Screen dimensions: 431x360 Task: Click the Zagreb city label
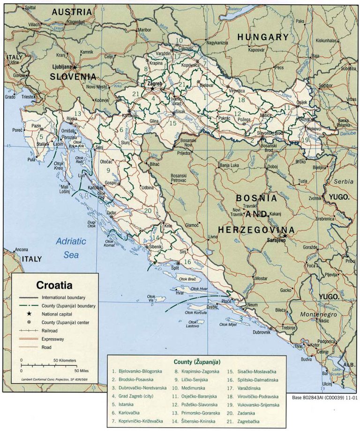point(154,83)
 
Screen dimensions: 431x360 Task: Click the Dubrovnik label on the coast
point(262,332)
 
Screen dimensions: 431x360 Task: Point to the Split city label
point(175,268)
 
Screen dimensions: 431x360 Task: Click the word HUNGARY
point(262,37)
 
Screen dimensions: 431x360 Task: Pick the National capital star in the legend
point(29,314)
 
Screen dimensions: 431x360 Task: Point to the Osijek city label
point(302,102)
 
